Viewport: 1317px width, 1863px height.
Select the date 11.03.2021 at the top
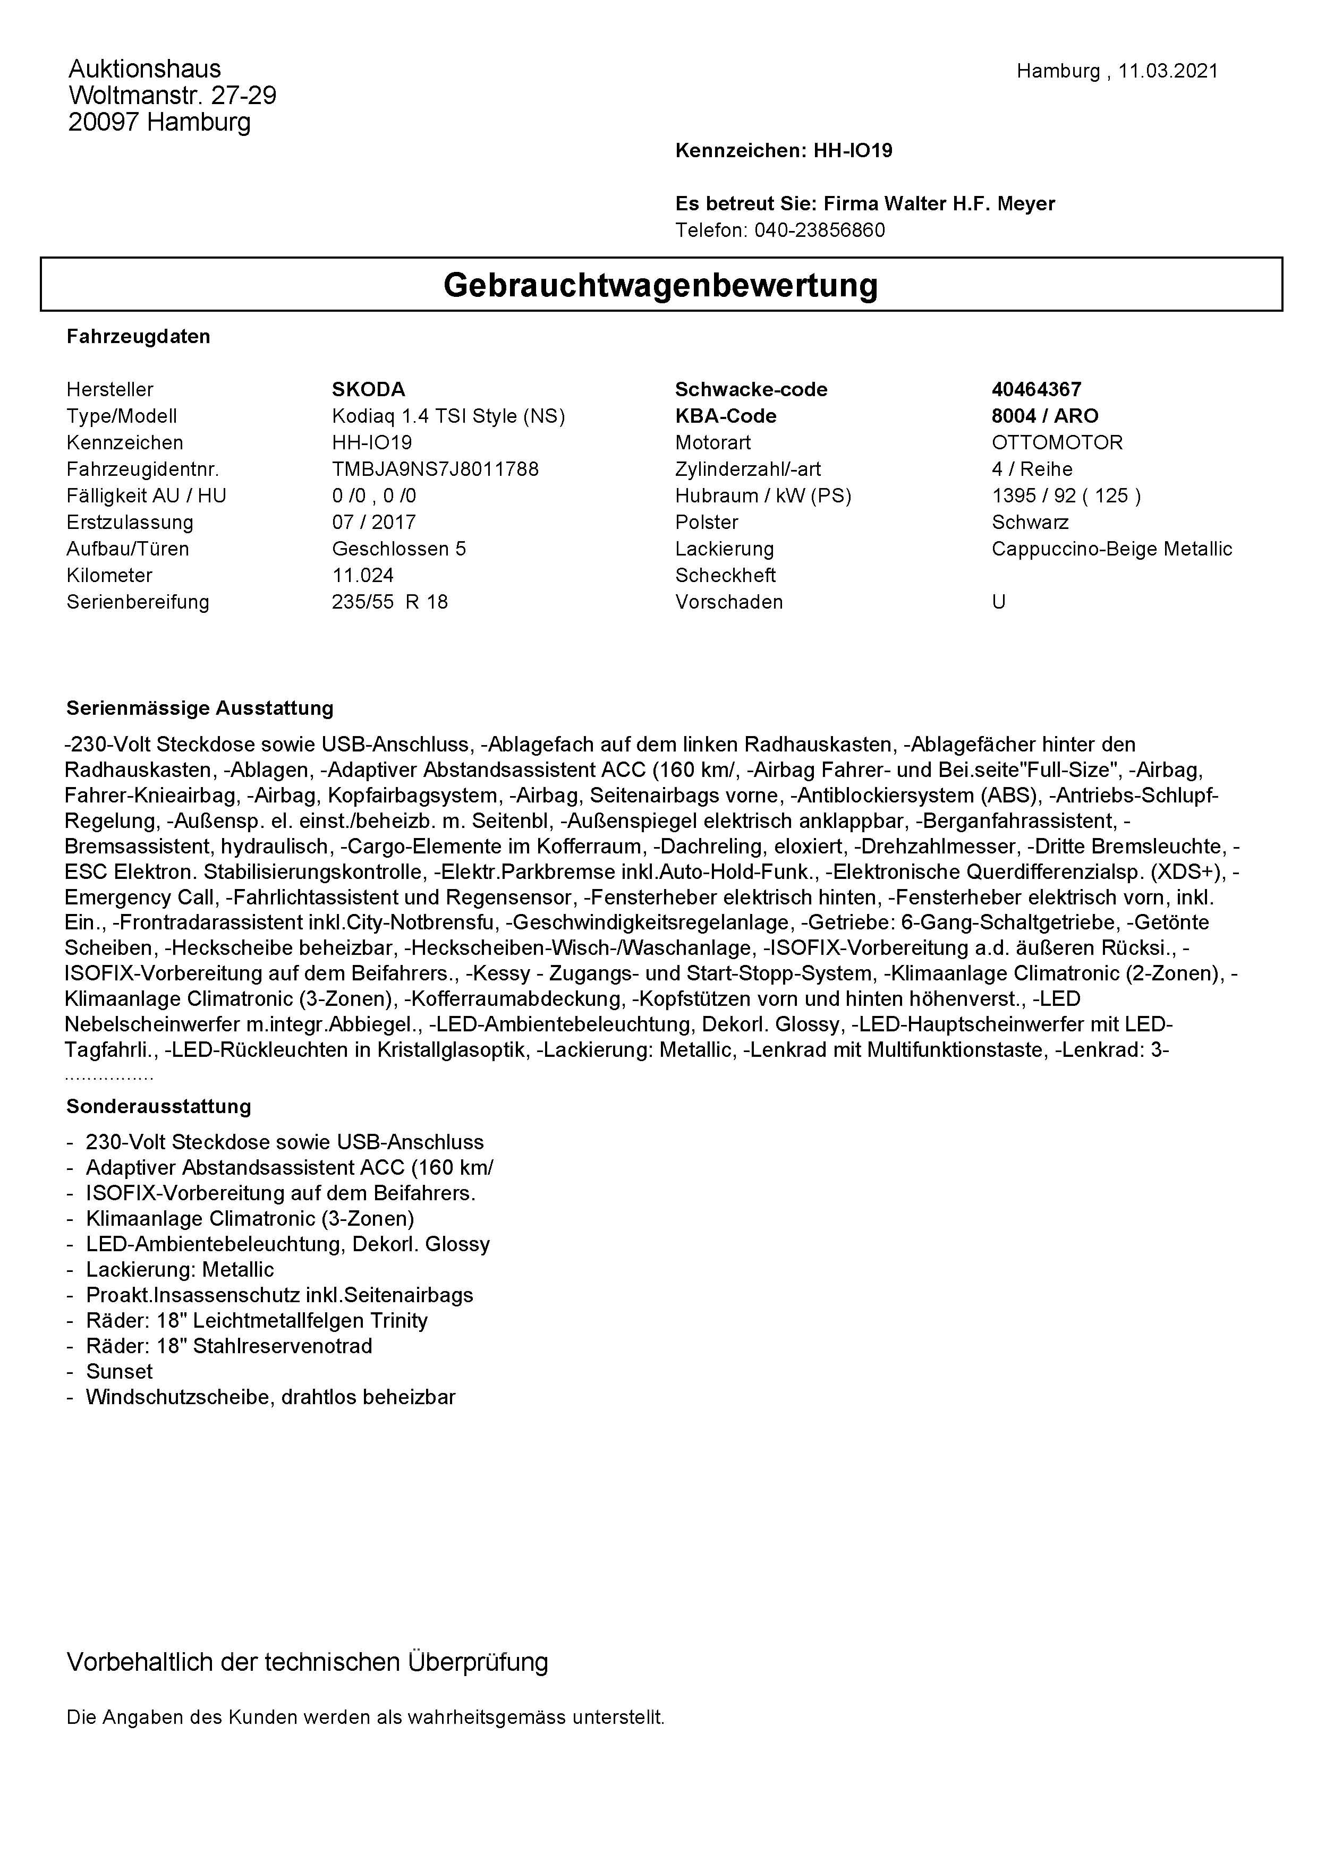1168,71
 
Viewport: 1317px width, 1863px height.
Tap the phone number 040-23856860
820,230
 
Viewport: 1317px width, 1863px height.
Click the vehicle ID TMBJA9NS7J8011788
435,469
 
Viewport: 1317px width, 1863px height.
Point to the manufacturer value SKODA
368,389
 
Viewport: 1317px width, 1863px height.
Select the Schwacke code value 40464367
1036,389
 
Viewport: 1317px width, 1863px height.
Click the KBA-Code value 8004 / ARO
1044,416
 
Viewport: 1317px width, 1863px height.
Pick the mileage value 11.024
363,575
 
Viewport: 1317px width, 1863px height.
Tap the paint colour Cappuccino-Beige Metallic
1111,549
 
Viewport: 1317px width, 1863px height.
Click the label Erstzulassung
130,523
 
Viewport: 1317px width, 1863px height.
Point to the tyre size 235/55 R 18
389,602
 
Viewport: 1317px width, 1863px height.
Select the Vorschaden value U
998,602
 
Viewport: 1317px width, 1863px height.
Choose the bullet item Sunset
120,1371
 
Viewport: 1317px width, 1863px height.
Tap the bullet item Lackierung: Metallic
180,1270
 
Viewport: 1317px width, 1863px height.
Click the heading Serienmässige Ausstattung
200,708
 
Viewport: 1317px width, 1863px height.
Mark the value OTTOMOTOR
1057,443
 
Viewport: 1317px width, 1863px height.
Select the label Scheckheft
725,575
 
